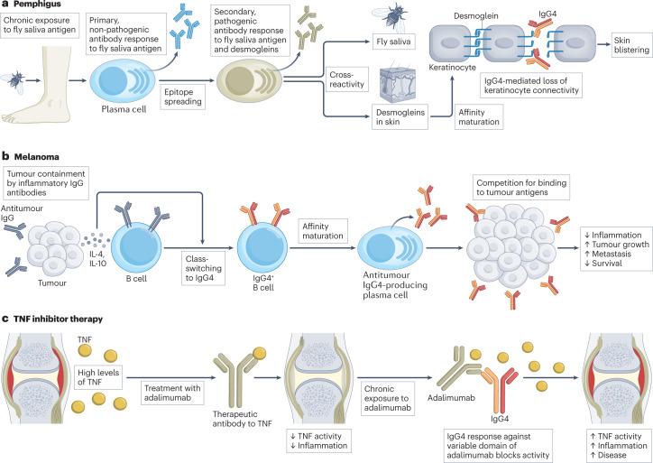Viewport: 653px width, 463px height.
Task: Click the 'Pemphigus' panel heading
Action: [40, 5]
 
